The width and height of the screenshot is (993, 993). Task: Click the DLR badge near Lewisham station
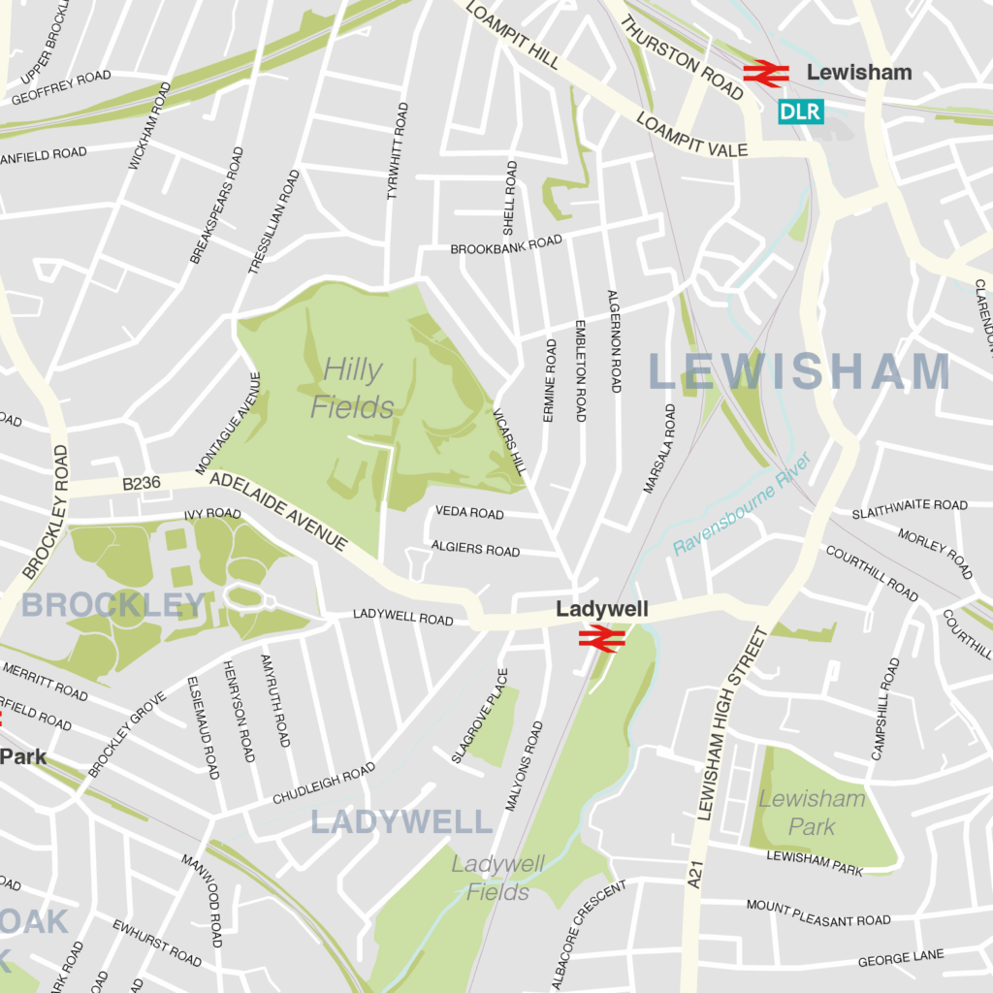tap(800, 112)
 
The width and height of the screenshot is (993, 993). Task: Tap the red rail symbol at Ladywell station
tap(601, 636)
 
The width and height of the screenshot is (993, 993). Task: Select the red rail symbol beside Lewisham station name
tap(767, 73)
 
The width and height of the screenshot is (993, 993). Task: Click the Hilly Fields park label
tap(352, 388)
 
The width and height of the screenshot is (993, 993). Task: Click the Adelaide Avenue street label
tap(277, 511)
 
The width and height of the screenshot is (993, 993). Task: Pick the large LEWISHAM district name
tap(799, 372)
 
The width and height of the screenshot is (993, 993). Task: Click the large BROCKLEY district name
tap(113, 605)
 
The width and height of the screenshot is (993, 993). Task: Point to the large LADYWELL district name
tap(401, 822)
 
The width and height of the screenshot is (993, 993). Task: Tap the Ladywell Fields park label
tap(498, 878)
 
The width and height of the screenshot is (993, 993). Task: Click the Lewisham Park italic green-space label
tap(812, 813)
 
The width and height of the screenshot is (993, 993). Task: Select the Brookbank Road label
tap(506, 245)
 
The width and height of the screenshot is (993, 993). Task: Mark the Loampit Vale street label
tap(692, 136)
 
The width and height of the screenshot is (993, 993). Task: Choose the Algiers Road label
tap(475, 549)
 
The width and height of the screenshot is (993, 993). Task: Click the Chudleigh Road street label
tap(323, 784)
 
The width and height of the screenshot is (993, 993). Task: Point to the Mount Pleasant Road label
tap(817, 913)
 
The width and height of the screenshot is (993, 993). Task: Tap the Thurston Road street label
tap(682, 57)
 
